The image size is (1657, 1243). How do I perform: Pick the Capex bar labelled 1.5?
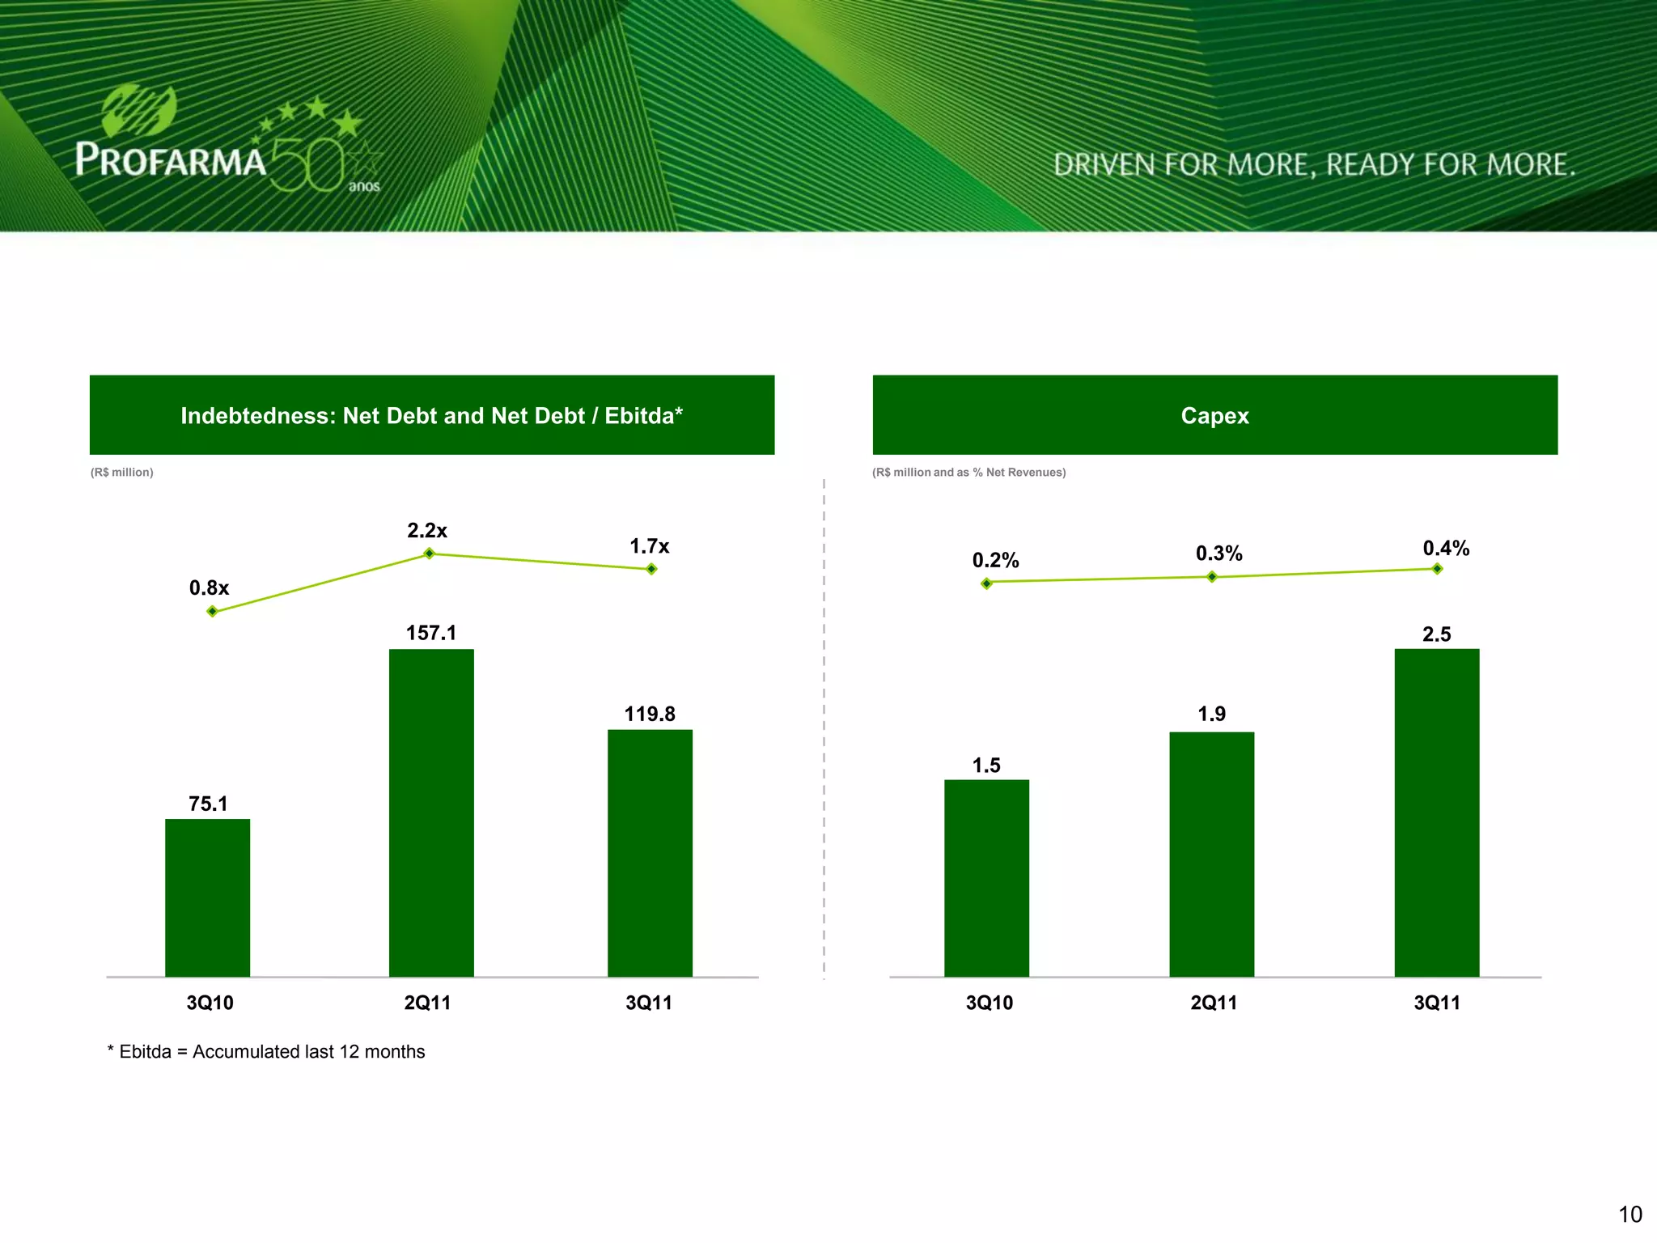[986, 877]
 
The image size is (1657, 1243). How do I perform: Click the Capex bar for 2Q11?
[1211, 853]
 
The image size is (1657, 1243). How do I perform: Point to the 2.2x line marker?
[430, 554]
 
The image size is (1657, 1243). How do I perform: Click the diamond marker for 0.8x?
[212, 611]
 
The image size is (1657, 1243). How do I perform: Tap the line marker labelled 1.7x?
[651, 569]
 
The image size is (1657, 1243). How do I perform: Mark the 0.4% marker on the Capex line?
[1437, 569]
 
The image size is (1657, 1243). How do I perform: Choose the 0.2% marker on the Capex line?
[986, 583]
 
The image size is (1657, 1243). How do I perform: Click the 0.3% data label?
[1218, 554]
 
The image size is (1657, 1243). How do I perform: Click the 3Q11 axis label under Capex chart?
[1436, 1003]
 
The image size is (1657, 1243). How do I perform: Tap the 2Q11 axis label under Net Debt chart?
[427, 1003]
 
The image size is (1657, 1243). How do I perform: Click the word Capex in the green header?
[1214, 415]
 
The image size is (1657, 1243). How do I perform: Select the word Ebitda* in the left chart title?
[643, 415]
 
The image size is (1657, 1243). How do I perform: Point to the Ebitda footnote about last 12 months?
[266, 1051]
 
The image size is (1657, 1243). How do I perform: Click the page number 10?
[1629, 1214]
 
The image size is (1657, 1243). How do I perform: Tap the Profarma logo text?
[171, 159]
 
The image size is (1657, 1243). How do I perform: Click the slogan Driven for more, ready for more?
[1314, 164]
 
